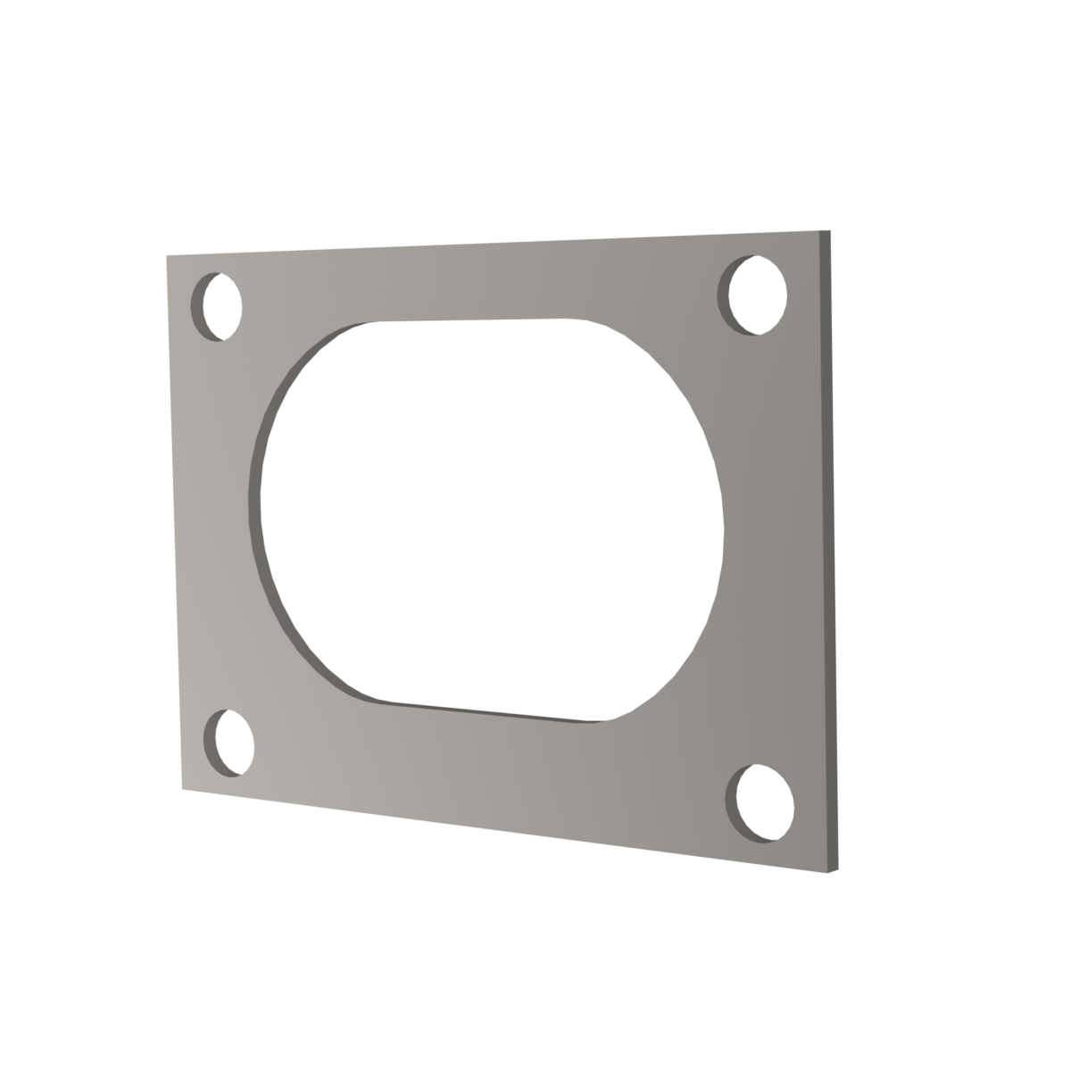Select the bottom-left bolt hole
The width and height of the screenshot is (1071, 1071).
point(228,742)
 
